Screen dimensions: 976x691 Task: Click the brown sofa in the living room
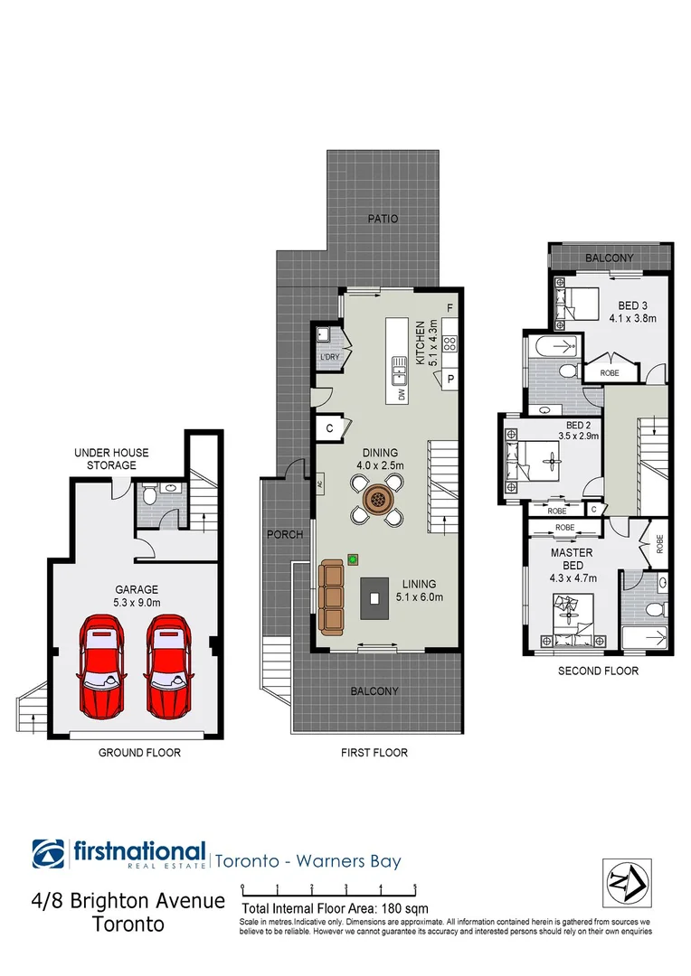pyautogui.click(x=332, y=596)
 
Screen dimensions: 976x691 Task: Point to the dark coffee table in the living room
pyautogui.click(x=374, y=598)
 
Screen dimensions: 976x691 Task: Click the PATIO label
pyautogui.click(x=383, y=219)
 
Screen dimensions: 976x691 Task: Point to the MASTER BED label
pyautogui.click(x=573, y=558)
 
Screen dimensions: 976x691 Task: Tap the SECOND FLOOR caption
pyautogui.click(x=599, y=671)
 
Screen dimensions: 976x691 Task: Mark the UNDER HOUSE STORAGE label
pyautogui.click(x=112, y=458)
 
